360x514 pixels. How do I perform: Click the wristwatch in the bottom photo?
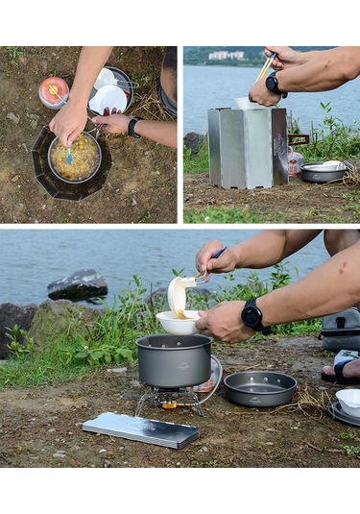253,315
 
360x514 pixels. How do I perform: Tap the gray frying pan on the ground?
259,387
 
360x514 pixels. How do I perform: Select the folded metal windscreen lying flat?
140,430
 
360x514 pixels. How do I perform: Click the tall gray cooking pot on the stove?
174,360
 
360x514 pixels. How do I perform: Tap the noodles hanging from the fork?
180,294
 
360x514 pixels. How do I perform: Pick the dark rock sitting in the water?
79,283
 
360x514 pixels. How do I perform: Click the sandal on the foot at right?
342,370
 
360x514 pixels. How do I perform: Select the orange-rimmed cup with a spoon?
53,91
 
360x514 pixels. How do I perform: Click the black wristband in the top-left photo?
133,127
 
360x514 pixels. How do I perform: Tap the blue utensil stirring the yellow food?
68,152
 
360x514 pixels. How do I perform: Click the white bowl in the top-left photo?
108,99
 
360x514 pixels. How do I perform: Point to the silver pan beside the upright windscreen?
324,172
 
